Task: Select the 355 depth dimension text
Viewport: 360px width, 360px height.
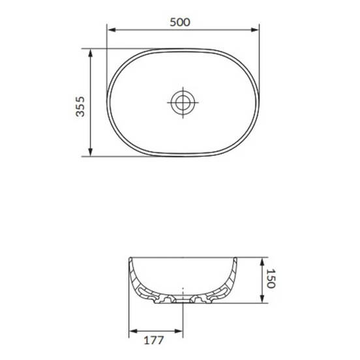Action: (80, 102)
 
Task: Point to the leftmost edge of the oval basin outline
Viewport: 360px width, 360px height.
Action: (107, 102)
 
